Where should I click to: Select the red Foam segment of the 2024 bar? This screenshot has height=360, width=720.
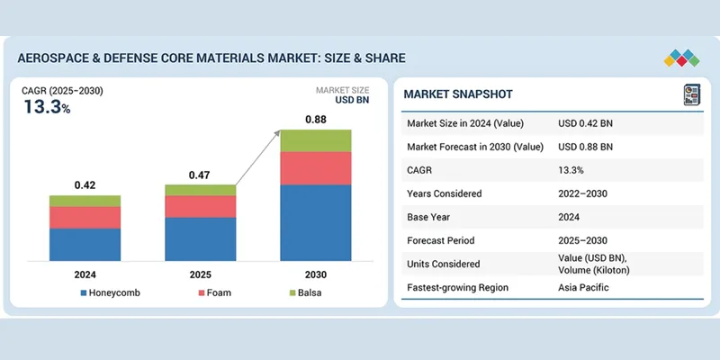85,217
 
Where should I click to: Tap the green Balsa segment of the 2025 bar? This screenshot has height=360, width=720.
200,190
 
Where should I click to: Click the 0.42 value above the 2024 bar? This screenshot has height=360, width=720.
85,184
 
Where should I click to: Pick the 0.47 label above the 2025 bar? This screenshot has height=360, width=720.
200,175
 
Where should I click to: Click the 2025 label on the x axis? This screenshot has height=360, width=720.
200,274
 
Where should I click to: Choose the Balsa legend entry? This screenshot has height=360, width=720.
309,293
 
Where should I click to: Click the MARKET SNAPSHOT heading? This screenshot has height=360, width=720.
459,94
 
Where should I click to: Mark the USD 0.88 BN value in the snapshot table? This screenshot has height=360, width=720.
586,147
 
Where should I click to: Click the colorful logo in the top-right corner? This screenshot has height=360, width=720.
681,58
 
